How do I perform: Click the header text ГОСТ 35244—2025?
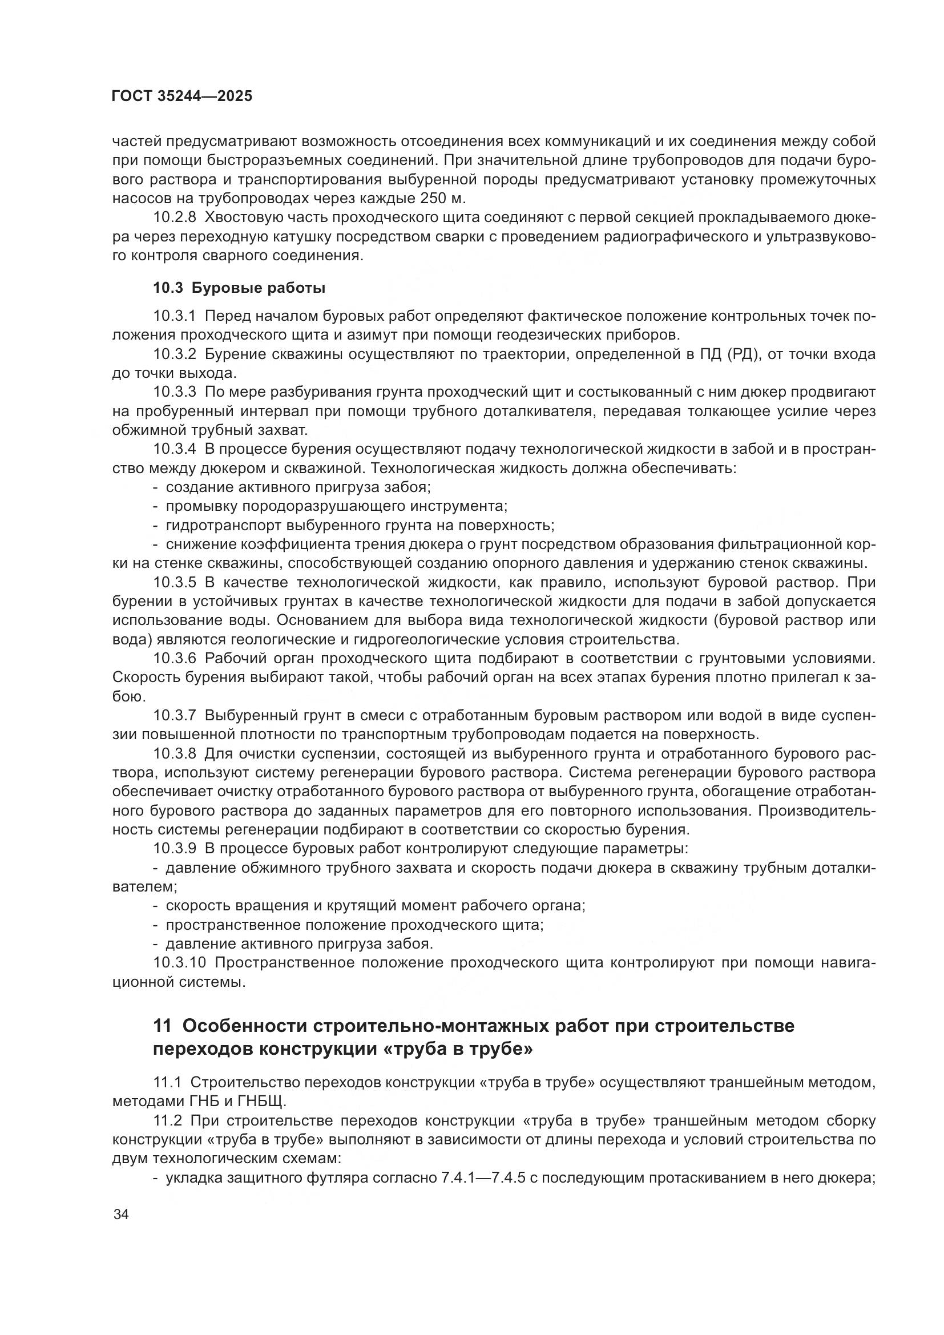point(182,96)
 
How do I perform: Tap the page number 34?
point(121,1215)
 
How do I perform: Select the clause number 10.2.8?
point(175,217)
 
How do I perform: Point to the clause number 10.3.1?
point(175,316)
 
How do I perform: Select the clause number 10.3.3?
point(175,393)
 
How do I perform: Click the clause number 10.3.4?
point(175,449)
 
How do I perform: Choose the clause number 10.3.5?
point(175,583)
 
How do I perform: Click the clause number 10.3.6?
point(175,659)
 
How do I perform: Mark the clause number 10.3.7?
point(175,716)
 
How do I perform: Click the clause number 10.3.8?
point(175,754)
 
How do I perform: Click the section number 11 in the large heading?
point(163,1026)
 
